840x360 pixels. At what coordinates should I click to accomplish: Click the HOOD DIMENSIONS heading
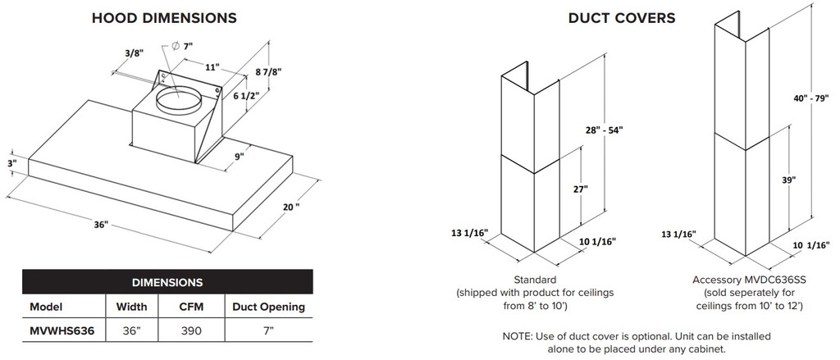pyautogui.click(x=164, y=18)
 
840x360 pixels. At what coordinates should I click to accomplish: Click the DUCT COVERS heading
pyautogui.click(x=622, y=18)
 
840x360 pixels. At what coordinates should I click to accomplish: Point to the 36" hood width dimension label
pyautogui.click(x=101, y=225)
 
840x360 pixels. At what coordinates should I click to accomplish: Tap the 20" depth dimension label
pyautogui.click(x=291, y=207)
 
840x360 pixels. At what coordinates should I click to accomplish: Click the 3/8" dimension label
pyautogui.click(x=135, y=53)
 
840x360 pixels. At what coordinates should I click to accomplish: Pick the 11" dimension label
pyautogui.click(x=212, y=67)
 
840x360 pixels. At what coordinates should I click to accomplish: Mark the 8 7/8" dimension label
pyautogui.click(x=268, y=71)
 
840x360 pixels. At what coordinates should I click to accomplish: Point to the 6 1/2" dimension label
pyautogui.click(x=246, y=95)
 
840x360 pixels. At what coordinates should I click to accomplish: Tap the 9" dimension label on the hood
pyautogui.click(x=239, y=156)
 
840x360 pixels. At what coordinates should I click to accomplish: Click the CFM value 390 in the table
pyautogui.click(x=190, y=330)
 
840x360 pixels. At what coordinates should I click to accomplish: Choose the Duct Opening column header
pyautogui.click(x=268, y=307)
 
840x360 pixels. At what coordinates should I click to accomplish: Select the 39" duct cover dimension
pyautogui.click(x=788, y=180)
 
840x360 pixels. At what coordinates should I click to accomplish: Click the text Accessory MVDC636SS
pyautogui.click(x=749, y=280)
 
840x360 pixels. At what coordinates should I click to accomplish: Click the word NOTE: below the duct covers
pyautogui.click(x=517, y=336)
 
